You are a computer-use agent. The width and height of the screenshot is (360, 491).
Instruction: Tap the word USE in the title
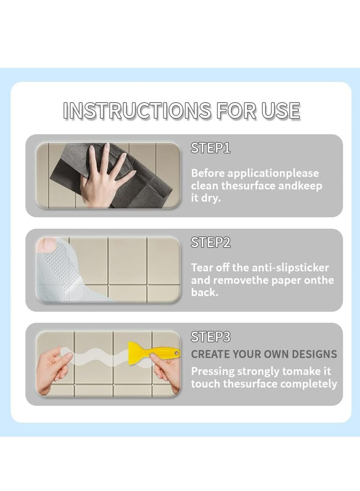281,111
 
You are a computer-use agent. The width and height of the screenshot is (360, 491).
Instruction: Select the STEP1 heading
211,148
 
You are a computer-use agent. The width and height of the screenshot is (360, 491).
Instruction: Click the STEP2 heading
211,243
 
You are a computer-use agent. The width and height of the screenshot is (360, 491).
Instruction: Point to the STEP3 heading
211,337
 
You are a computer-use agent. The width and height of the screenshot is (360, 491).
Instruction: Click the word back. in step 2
205,293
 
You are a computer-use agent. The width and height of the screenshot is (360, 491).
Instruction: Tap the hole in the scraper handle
177,353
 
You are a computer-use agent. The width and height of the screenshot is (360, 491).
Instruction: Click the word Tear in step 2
201,268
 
